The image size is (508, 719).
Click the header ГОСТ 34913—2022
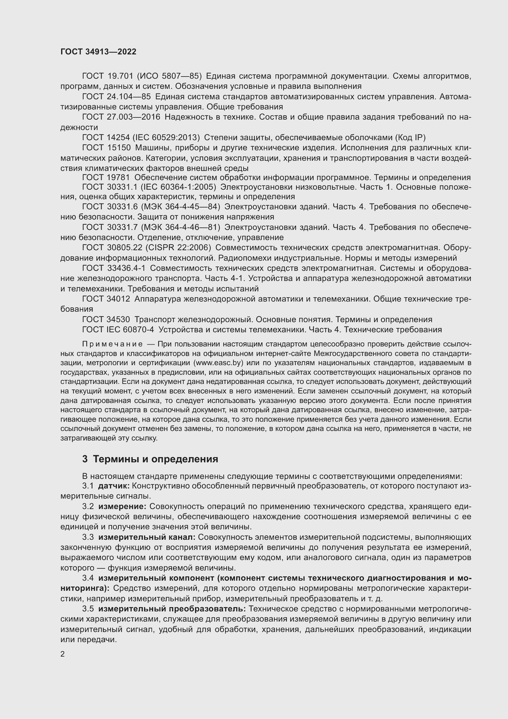98,52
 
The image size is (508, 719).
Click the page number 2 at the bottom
63,654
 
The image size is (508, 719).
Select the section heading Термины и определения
155,459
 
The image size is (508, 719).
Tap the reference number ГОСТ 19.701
107,76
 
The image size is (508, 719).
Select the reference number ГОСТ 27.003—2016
121,117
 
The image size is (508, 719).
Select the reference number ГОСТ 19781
106,178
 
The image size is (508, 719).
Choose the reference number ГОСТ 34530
106,319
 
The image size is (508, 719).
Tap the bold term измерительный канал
147,537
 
